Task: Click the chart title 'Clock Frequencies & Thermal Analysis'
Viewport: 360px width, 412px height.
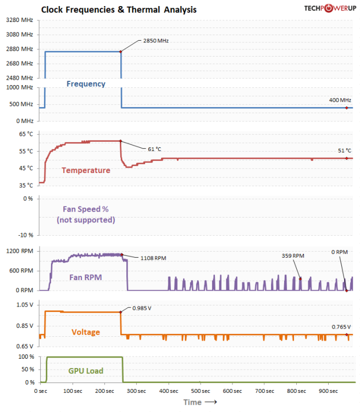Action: (x=119, y=10)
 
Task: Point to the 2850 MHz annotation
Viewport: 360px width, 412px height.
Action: (x=156, y=41)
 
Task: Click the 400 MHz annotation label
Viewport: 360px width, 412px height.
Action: (x=340, y=100)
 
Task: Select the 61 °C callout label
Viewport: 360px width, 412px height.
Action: (x=154, y=149)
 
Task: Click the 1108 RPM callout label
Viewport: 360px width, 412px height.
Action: (x=154, y=258)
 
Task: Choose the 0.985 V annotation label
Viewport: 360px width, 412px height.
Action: (x=141, y=308)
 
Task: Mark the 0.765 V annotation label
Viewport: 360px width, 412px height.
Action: (x=340, y=326)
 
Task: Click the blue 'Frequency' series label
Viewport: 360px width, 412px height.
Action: (x=86, y=84)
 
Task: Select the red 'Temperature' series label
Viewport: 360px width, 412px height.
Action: (x=86, y=170)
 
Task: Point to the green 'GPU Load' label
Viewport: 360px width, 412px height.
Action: (x=86, y=371)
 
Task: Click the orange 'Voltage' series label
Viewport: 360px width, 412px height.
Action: (x=86, y=332)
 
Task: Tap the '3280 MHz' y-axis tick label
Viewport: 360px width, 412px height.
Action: (x=19, y=20)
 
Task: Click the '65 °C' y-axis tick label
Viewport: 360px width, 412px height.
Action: (x=26, y=134)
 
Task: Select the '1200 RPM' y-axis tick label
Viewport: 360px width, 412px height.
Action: (x=20, y=251)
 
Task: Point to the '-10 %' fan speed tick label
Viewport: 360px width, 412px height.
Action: (x=27, y=235)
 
